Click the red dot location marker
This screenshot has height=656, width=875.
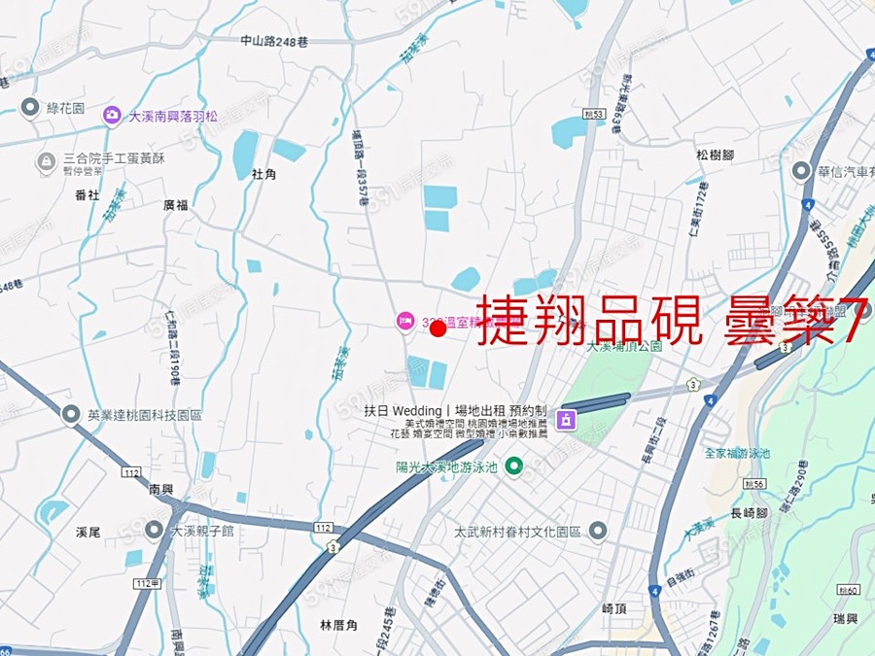[437, 329]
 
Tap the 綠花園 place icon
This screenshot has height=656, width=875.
[29, 107]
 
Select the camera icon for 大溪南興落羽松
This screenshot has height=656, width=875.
[113, 116]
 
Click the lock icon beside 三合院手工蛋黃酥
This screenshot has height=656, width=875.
[46, 160]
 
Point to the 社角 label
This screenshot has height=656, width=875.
[264, 174]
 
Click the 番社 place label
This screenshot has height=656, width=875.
[87, 194]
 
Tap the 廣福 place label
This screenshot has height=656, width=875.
[176, 204]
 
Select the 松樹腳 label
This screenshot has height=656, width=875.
[715, 155]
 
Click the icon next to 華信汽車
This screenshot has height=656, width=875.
[801, 172]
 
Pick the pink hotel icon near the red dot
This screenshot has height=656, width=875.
[404, 321]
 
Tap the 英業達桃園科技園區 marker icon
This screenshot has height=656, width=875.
[71, 415]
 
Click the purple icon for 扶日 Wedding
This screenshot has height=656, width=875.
[566, 420]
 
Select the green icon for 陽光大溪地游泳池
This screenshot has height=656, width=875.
[514, 467]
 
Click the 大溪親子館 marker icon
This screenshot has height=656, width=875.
[154, 531]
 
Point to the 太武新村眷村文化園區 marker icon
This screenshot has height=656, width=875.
[598, 532]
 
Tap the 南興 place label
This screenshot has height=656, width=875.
[160, 491]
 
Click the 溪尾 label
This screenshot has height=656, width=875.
[87, 532]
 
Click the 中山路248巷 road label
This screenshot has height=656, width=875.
[273, 41]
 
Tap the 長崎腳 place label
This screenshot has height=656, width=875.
[749, 513]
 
